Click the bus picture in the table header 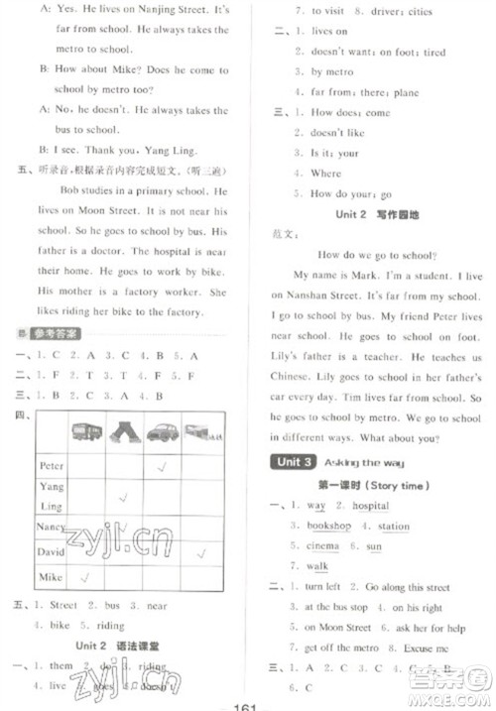click(x=87, y=431)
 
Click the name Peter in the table click(x=51, y=465)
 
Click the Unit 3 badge click(x=295, y=462)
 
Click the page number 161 click(x=245, y=700)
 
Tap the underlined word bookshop click(x=328, y=526)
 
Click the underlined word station click(x=394, y=526)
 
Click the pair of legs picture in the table click(x=124, y=431)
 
